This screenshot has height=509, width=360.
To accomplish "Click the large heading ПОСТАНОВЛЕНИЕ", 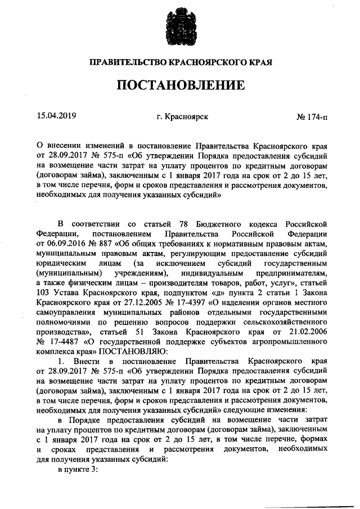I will pyautogui.click(x=180, y=85).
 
